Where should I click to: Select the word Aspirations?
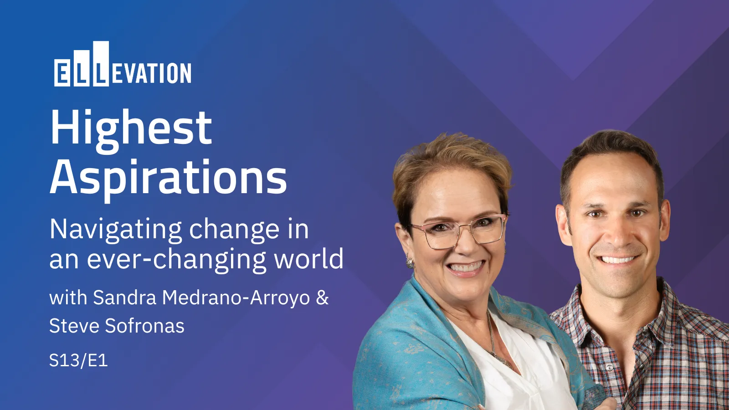point(168,178)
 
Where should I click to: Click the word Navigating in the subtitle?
point(116,229)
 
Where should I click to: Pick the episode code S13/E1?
point(78,360)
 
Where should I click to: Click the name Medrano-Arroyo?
point(236,298)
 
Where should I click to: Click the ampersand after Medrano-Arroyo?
point(322,298)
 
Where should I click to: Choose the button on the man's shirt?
point(609,367)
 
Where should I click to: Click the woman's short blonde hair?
point(451,159)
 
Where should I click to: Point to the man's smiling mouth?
point(617,260)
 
